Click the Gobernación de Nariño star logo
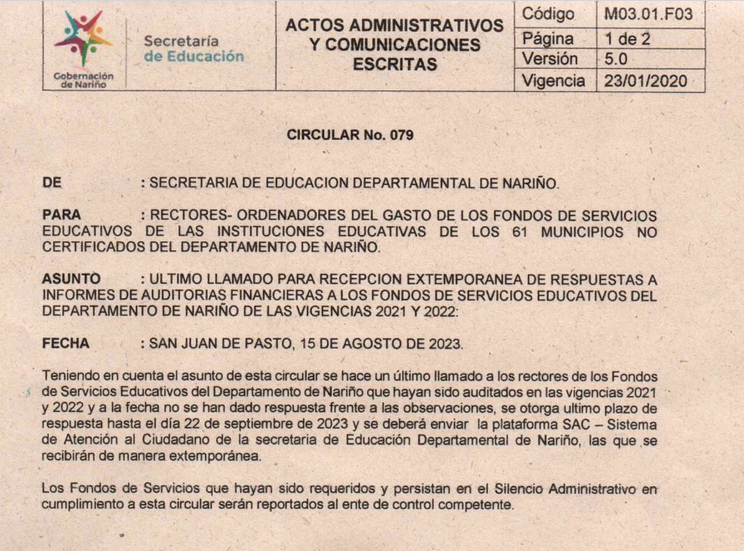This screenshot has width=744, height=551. pos(82,39)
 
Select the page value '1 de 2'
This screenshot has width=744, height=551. pos(628,38)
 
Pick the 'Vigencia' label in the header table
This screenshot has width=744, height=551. pos(553,81)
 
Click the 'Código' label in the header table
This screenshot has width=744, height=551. pos(548,14)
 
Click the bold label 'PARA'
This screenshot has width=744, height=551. pos(61,215)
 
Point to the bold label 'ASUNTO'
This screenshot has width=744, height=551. pos(71,279)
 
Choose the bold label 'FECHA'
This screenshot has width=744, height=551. pos(65,343)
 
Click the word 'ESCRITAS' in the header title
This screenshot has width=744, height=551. pos(395,64)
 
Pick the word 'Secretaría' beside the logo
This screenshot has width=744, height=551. pos(181,40)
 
